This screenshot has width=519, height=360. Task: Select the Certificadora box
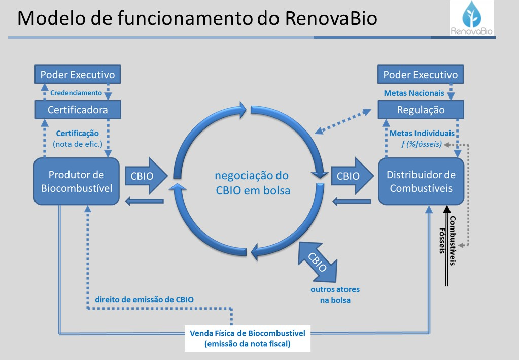pos(78,109)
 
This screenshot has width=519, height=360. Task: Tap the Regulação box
pos(421,110)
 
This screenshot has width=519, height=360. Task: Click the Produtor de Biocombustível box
pos(77,181)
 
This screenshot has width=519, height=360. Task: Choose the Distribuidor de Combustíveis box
pos(421,181)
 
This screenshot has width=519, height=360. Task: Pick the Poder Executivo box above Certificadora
pos(78,75)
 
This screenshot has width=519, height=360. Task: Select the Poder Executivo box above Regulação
pos(421,75)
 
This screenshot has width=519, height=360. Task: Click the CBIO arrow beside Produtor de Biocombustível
pos(145,176)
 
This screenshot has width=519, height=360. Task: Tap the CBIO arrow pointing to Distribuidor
pos(351,176)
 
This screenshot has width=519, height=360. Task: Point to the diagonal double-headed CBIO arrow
pos(318,261)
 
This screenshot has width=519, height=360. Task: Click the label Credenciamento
pos(76,93)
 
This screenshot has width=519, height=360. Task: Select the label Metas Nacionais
pos(414,93)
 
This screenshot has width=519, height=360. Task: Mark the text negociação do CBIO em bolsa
pos(252,183)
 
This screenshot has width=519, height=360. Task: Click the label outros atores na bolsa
pos(335,294)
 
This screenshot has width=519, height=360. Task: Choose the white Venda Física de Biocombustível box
pos(247,339)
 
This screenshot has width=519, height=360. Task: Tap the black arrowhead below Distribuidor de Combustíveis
pos(446,209)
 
